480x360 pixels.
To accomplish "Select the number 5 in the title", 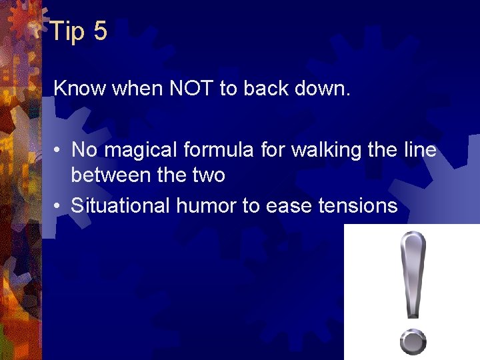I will tap(100, 31).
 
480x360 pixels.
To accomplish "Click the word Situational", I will tap(121, 206).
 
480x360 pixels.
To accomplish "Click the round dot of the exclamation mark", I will tap(413, 342).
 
